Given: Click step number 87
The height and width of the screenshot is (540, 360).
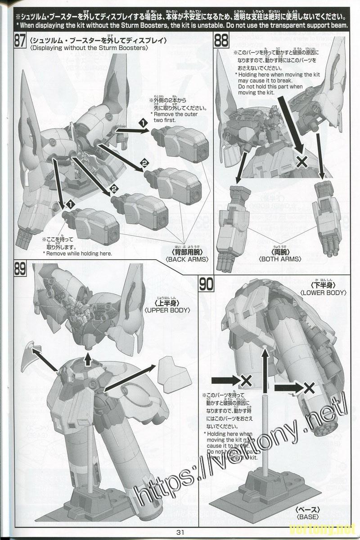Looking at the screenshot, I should pos(20,41).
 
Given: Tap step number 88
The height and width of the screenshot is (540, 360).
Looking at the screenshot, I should pos(220,41).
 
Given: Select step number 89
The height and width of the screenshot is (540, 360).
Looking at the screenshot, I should pos(20,269).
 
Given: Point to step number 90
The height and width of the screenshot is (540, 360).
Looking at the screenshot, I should pos(207,284).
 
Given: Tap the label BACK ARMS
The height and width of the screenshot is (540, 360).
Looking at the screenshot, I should pos(187,260).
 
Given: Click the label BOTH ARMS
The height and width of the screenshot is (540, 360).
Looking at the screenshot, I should pos(280,259).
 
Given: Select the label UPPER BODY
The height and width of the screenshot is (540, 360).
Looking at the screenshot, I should pos(167,310).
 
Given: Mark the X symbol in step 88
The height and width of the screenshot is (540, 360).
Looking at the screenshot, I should pos(303,160).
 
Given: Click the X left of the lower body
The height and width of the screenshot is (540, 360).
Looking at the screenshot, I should pos(246,381).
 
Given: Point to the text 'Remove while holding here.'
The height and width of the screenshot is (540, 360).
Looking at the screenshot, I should pos(77,254).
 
